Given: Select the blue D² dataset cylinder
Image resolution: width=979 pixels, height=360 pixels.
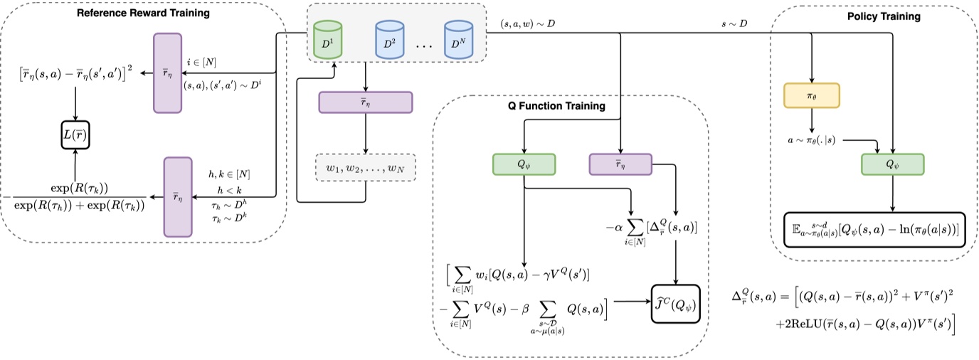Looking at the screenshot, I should tap(390, 41).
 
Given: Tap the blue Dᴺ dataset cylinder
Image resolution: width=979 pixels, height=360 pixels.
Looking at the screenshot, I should tap(458, 41).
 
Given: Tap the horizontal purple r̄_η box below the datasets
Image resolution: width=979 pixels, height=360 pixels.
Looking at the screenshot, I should tap(366, 102).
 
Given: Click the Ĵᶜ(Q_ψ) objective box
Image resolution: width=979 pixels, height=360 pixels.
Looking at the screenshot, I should tap(675, 301).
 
